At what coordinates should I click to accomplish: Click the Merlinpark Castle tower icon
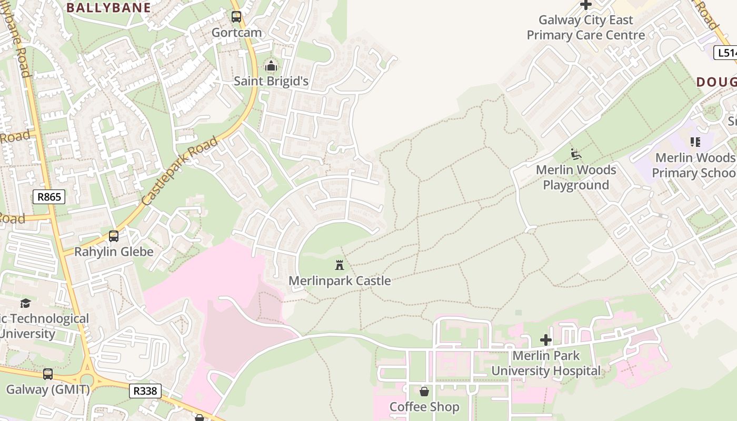(x=340, y=265)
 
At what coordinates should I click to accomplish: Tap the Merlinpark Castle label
(x=340, y=280)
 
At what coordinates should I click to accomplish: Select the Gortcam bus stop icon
(x=236, y=17)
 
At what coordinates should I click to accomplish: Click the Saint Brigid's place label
(x=271, y=81)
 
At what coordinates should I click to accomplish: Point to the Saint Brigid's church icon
(x=271, y=66)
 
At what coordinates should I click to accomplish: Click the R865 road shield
(x=49, y=197)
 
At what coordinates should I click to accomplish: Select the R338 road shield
(x=145, y=390)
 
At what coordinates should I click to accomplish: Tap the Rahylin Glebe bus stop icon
(x=114, y=236)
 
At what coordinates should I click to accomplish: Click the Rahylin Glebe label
(x=114, y=252)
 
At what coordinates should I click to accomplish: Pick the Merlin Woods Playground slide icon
(x=576, y=154)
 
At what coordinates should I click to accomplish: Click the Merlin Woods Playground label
(x=576, y=177)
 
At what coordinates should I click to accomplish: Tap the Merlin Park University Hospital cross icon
(x=546, y=340)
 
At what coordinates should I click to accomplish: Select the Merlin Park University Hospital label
(x=546, y=363)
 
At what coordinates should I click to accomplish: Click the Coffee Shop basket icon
(x=424, y=392)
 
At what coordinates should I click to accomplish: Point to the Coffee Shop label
(x=424, y=407)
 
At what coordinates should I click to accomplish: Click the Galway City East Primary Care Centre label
(x=585, y=27)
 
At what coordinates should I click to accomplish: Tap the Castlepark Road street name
(x=180, y=171)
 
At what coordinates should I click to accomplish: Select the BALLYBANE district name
(x=108, y=7)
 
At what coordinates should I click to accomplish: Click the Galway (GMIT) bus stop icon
(x=48, y=374)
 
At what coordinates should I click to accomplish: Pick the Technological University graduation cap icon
(x=25, y=303)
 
